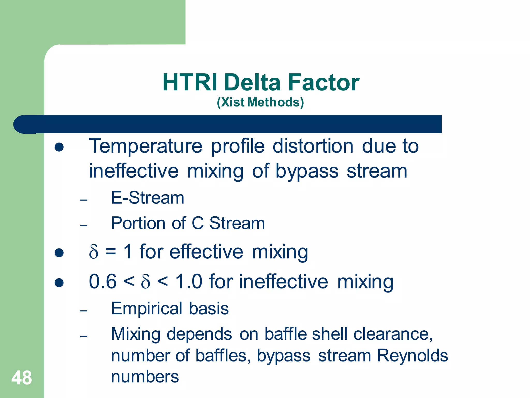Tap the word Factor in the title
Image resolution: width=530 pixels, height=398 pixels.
(x=323, y=82)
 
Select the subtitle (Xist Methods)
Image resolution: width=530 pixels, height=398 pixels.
(x=260, y=102)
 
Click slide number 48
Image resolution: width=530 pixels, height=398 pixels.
(x=21, y=378)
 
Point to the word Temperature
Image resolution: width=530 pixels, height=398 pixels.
(x=145, y=146)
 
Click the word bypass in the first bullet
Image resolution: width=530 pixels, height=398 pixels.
(x=307, y=171)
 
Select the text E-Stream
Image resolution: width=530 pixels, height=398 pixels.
(x=148, y=198)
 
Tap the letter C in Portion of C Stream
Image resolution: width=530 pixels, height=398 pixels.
(x=198, y=223)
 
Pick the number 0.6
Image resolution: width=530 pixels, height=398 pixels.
(x=103, y=282)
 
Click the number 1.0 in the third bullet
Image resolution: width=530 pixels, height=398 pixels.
(x=188, y=282)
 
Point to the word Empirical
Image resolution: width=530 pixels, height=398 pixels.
(x=147, y=309)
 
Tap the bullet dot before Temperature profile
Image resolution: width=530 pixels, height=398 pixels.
(x=59, y=147)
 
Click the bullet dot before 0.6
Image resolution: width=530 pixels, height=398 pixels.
(x=59, y=283)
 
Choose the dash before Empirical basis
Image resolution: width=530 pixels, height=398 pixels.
(x=83, y=310)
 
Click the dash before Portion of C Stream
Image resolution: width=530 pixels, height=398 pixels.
(x=83, y=225)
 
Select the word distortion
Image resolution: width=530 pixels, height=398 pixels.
(x=313, y=146)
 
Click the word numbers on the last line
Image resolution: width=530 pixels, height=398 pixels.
(x=145, y=377)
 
